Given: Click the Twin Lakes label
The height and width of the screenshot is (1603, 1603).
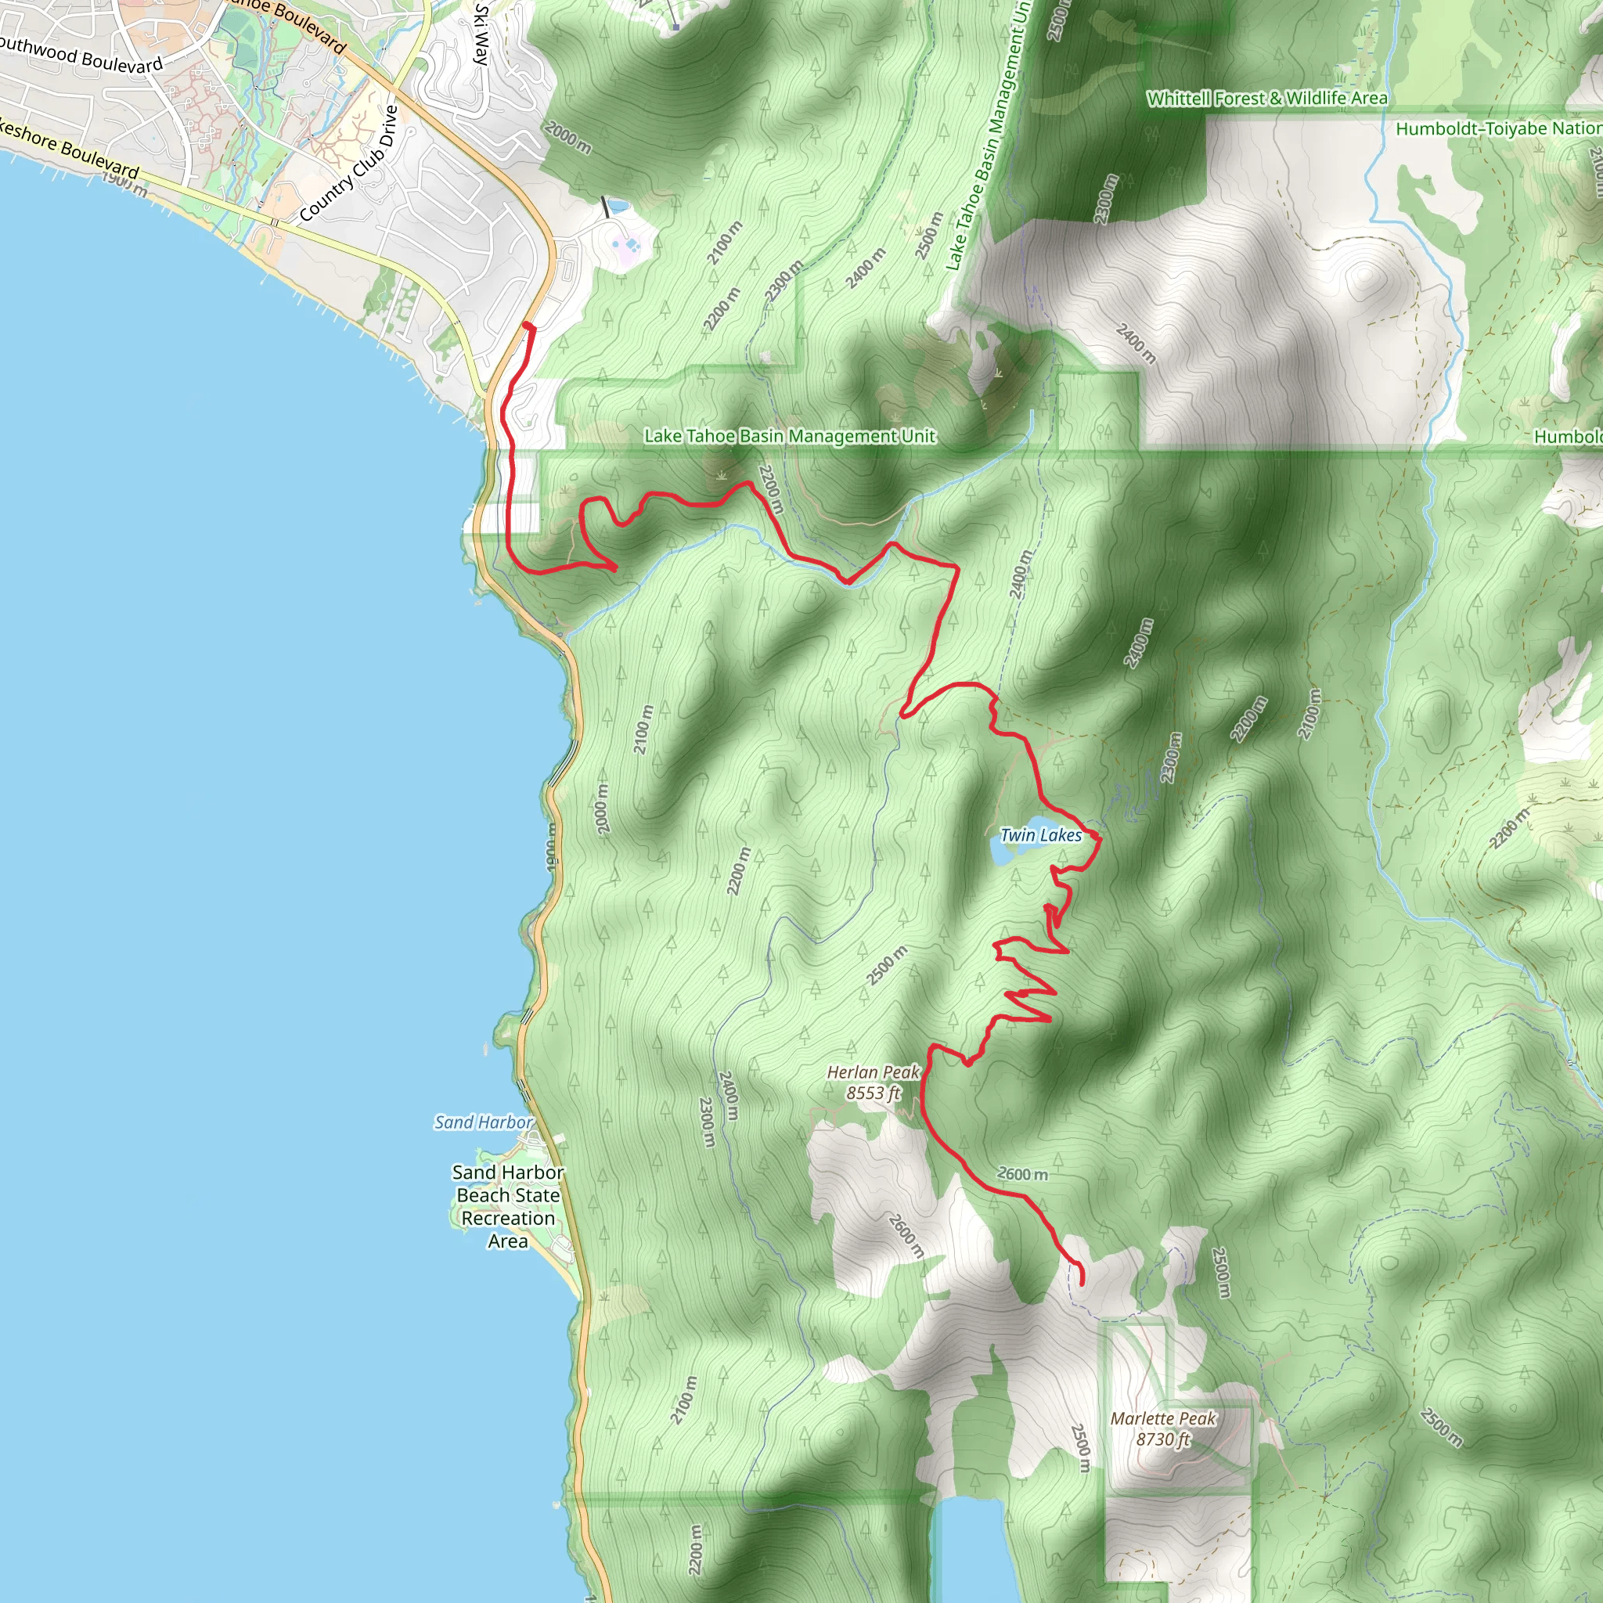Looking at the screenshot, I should (x=1040, y=835).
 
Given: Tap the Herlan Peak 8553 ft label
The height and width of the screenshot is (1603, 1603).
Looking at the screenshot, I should (x=873, y=1082).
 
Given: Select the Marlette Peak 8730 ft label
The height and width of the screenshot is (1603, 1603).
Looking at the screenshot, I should (x=1163, y=1428).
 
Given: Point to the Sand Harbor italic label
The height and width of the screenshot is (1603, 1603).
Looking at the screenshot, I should (x=483, y=1122).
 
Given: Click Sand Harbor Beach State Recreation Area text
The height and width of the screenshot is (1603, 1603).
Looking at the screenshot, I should (x=508, y=1206).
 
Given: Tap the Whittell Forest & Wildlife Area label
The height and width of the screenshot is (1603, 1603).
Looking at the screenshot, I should (x=1266, y=99).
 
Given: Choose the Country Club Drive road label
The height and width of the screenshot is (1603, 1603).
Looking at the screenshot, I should (x=349, y=164).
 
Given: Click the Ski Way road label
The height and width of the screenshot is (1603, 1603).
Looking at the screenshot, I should (x=481, y=33).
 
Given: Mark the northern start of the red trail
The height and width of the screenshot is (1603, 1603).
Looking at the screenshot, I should (x=528, y=327).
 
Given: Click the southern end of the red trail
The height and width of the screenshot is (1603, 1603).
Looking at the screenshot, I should (x=1082, y=1284).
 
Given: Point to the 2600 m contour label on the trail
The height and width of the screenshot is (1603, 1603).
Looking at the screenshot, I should (x=1022, y=1174).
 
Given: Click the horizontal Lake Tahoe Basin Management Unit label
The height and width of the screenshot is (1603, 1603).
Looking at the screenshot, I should (x=789, y=436).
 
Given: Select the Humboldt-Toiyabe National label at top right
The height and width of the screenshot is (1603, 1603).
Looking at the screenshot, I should (x=1497, y=128).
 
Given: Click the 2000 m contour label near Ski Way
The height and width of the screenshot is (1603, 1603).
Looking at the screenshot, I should (x=568, y=137).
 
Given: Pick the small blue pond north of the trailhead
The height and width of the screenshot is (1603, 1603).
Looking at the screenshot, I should (x=618, y=206).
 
